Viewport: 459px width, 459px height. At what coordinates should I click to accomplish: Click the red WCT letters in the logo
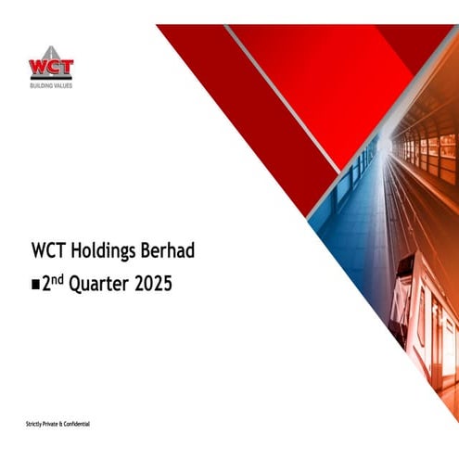[51, 69]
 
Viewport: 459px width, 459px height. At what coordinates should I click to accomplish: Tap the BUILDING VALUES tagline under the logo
[51, 85]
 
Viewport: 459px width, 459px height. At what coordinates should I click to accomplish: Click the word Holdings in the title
[101, 250]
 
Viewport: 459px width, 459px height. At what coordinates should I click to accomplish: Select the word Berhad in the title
[168, 250]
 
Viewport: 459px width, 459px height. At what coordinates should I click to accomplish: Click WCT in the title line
[45, 250]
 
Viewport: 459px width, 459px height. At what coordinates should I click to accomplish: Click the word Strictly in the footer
[35, 424]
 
